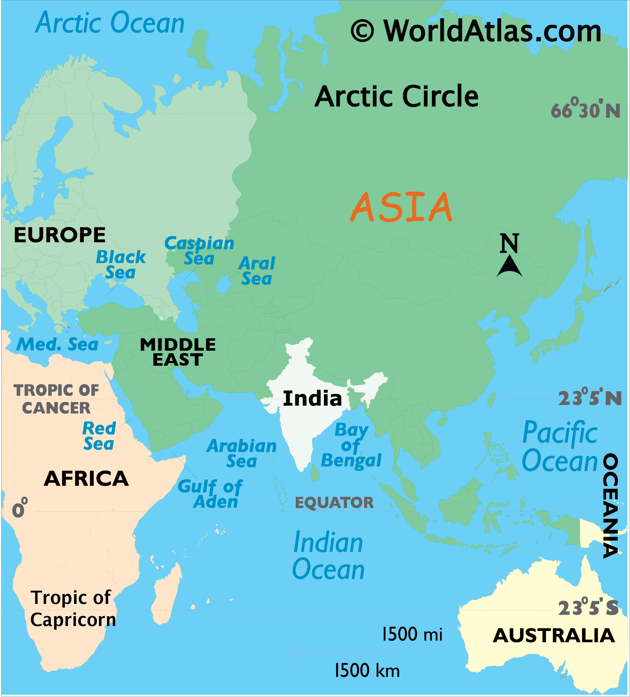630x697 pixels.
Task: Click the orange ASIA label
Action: [x=401, y=207]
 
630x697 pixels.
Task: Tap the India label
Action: [x=312, y=398]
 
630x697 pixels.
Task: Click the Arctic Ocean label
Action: [x=110, y=23]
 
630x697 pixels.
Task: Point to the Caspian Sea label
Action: [x=199, y=251]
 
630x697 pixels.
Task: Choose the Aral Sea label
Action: [x=257, y=271]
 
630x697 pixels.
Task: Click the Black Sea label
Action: [x=121, y=265]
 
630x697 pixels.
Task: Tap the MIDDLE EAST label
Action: [x=178, y=352]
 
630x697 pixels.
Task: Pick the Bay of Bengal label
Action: [x=351, y=445]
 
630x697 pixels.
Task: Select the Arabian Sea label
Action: [x=242, y=454]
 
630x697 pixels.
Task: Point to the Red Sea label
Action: [x=99, y=436]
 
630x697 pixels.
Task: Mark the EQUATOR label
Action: [x=334, y=503]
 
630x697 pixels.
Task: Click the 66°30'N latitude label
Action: [x=585, y=110]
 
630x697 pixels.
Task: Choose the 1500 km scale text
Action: [x=367, y=671]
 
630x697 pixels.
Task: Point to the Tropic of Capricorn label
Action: [x=73, y=608]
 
